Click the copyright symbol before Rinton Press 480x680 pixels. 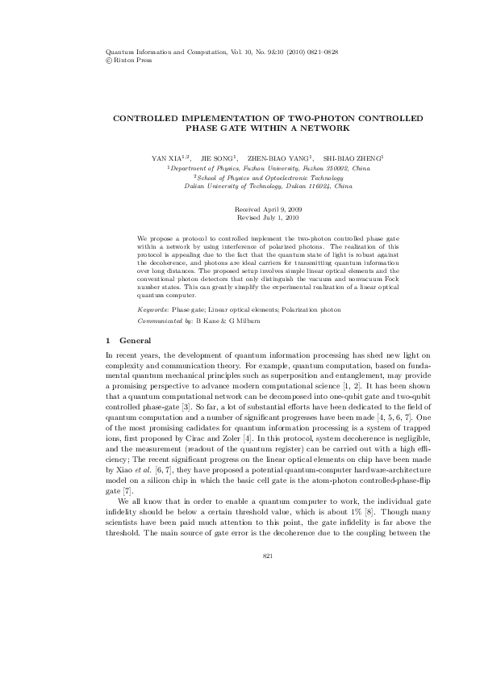point(109,59)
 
